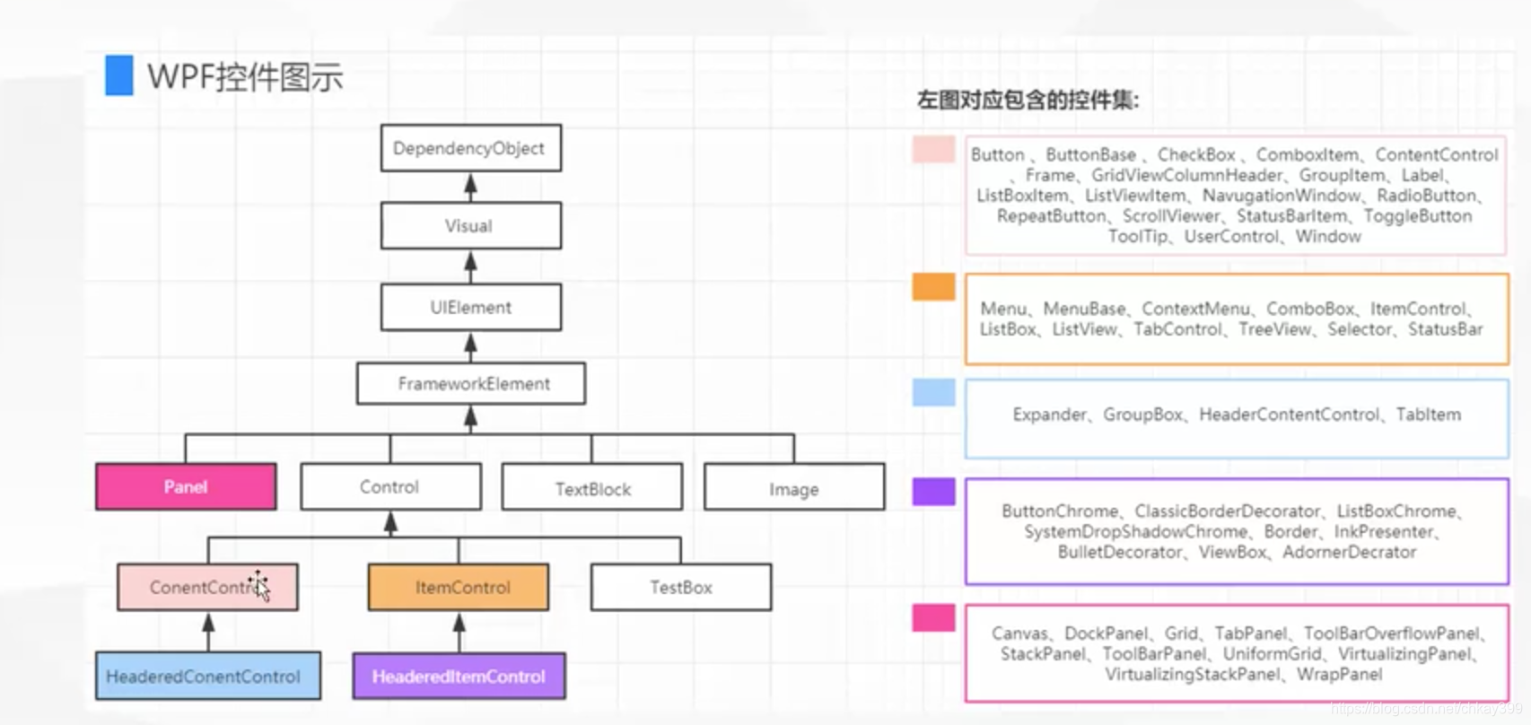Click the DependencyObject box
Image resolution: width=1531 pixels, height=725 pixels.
470,148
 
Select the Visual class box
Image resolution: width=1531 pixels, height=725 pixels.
470,225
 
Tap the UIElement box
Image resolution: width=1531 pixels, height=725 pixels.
470,307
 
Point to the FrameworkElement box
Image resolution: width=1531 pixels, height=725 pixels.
470,383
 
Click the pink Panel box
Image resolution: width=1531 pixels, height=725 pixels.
186,486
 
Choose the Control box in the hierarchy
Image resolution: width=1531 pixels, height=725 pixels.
389,486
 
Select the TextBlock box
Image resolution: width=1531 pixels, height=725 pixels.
592,487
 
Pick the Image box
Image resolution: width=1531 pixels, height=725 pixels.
794,487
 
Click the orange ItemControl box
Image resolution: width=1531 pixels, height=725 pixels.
459,587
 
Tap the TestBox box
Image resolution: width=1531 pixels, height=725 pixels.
680,587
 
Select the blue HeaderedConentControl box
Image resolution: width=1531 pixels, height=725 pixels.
207,676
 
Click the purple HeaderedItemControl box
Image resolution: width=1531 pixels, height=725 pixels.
459,676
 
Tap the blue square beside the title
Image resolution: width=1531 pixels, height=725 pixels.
118,75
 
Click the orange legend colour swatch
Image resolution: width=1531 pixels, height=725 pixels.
933,286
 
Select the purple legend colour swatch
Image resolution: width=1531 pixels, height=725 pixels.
933,491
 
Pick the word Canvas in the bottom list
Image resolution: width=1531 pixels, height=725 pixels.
1019,633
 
